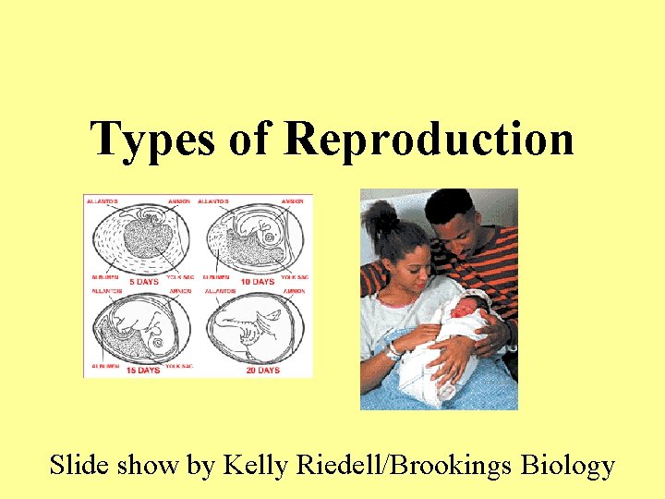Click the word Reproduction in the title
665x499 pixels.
[x=429, y=139]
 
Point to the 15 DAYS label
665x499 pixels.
[x=143, y=370]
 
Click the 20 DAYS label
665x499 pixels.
[x=262, y=370]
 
